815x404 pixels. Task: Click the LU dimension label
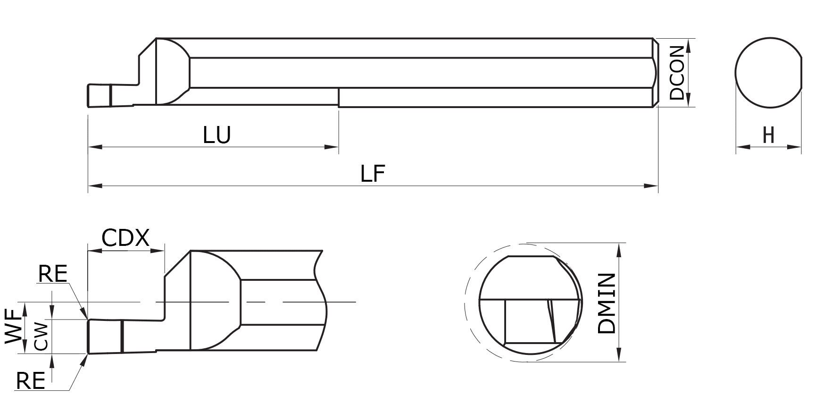(x=217, y=135)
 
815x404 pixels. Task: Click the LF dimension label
(x=373, y=174)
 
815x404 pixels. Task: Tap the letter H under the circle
(x=768, y=136)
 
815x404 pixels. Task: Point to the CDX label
(x=125, y=238)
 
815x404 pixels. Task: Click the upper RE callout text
(x=53, y=274)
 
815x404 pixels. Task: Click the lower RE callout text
(x=30, y=381)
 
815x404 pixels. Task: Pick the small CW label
(x=42, y=337)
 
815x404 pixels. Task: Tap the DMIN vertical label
(x=607, y=303)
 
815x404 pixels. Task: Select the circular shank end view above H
(x=768, y=72)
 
